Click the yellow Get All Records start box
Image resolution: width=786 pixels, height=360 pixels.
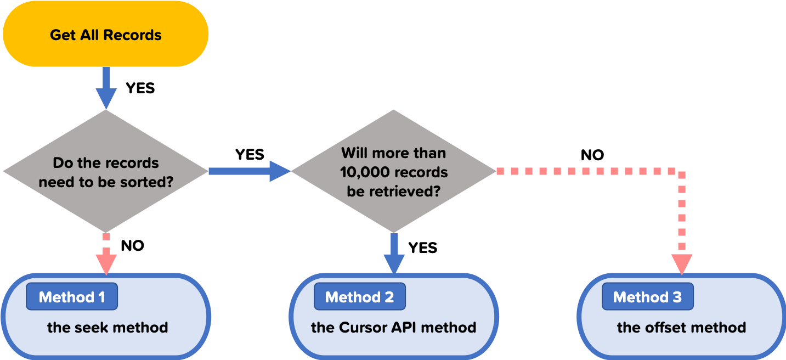click(x=105, y=35)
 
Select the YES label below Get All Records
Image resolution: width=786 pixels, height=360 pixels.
click(x=140, y=88)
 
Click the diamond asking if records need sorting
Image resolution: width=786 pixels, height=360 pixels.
click(x=106, y=171)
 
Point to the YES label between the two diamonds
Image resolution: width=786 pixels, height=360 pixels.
click(x=250, y=155)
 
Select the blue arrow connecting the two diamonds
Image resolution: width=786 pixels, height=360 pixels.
click(x=250, y=171)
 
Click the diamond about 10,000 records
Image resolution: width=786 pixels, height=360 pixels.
click(x=393, y=171)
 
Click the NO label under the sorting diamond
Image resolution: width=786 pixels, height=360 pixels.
click(x=132, y=246)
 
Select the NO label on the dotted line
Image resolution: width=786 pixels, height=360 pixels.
click(x=592, y=155)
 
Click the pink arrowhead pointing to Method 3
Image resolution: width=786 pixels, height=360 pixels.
click(x=682, y=263)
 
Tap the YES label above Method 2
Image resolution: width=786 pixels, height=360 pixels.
click(x=422, y=248)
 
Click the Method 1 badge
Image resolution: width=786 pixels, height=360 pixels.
click(x=72, y=297)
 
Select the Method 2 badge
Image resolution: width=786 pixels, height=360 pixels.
click(x=359, y=297)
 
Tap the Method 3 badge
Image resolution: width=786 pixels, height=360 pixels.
click(x=647, y=297)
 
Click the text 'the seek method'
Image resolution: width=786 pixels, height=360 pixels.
click(x=108, y=328)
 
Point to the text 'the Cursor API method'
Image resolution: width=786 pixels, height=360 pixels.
click(x=393, y=328)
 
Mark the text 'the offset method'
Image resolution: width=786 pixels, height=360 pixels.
click(x=681, y=328)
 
